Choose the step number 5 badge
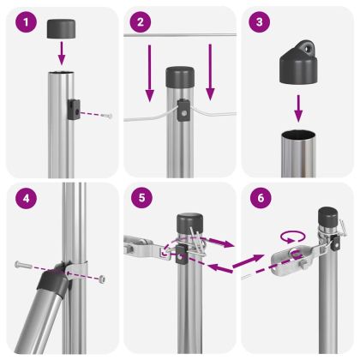141,200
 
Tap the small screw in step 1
104,113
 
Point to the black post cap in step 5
187,225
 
